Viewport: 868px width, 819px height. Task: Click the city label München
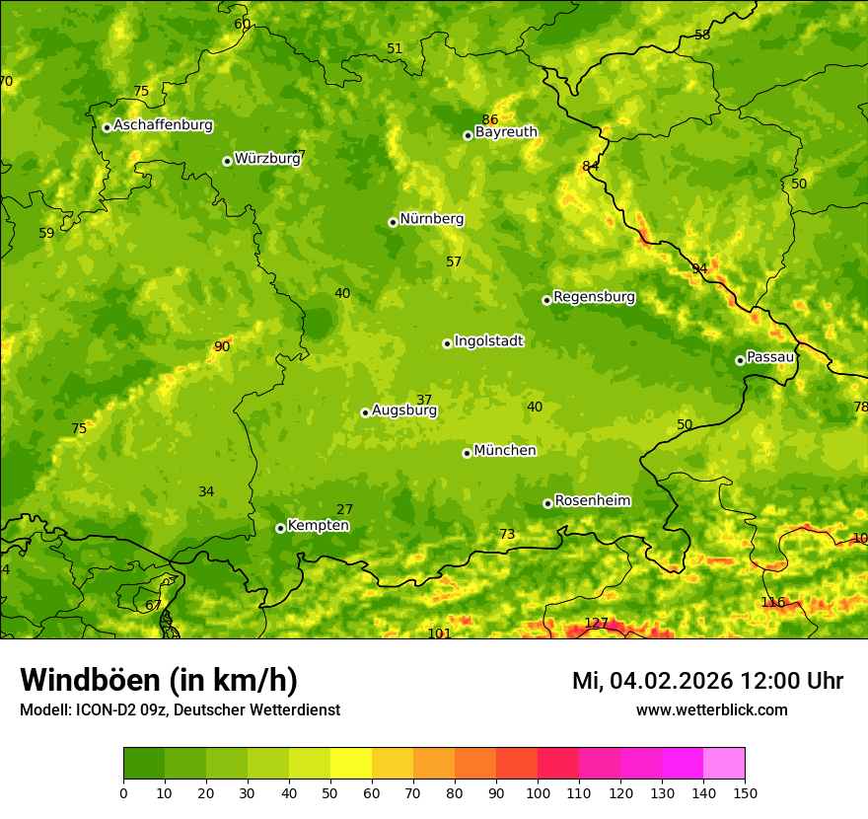click(505, 451)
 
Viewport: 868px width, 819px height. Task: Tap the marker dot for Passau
click(740, 360)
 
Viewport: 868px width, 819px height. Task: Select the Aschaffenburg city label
click(163, 125)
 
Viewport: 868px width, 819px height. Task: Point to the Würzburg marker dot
click(227, 161)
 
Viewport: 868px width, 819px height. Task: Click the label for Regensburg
click(594, 297)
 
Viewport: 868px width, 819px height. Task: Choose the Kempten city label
click(318, 526)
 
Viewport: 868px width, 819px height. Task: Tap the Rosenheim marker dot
click(547, 503)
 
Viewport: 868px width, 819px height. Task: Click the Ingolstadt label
click(488, 341)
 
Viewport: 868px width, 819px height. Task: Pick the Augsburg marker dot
click(365, 412)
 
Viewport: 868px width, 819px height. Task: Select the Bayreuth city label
click(506, 132)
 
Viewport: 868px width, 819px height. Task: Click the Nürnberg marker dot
click(393, 222)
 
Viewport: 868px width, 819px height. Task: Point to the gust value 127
click(597, 623)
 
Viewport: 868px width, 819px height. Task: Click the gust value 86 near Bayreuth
click(490, 120)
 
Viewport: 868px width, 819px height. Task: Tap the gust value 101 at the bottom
click(439, 633)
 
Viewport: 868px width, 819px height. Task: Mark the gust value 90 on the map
click(222, 346)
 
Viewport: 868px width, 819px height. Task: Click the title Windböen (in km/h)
click(159, 680)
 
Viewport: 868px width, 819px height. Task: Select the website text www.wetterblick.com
click(711, 710)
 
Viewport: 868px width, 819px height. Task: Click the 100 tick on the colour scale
click(538, 792)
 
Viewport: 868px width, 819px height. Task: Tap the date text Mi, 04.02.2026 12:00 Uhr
click(707, 681)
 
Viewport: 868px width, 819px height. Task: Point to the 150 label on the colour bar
click(745, 792)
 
